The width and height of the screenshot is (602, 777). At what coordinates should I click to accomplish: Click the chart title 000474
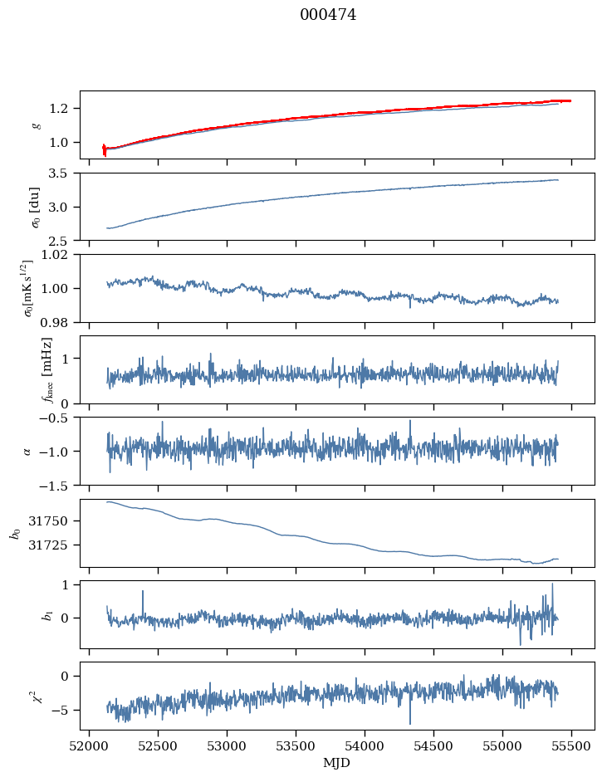(x=328, y=15)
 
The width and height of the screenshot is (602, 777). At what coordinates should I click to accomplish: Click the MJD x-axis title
(x=337, y=762)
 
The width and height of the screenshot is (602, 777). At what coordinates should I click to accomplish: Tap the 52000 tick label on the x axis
(x=90, y=745)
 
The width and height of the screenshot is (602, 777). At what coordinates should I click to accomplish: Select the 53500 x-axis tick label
(x=296, y=745)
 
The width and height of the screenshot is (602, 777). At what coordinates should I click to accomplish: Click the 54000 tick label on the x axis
(x=365, y=745)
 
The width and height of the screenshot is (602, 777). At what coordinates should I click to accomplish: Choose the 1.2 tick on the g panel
(x=63, y=109)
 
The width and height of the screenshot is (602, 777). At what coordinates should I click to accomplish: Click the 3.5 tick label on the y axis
(x=63, y=173)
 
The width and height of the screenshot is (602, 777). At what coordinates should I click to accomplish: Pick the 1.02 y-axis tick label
(x=60, y=255)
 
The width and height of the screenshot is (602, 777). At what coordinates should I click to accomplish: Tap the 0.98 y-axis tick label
(x=60, y=322)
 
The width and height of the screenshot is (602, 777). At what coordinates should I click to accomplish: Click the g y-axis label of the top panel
(x=36, y=125)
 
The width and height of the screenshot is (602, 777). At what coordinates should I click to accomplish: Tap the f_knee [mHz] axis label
(x=46, y=369)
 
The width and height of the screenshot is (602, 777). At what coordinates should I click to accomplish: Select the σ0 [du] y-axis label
(x=35, y=206)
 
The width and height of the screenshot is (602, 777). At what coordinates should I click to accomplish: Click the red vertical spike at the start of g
(x=105, y=149)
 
